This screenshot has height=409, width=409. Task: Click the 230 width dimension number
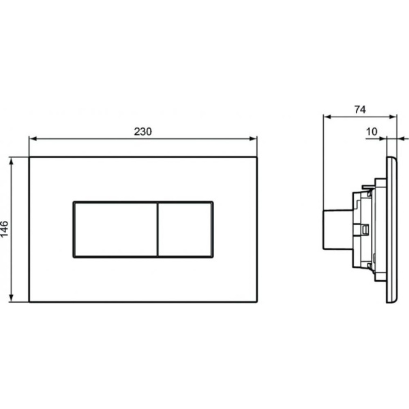coord(142,132)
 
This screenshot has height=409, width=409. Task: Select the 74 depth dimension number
coord(361,109)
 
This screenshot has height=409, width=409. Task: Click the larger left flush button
coord(115,229)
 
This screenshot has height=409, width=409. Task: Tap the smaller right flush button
coord(185,229)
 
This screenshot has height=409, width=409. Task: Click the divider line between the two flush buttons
coord(158,229)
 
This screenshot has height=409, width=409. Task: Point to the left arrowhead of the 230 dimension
coord(32,138)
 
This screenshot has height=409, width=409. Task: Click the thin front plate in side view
coord(391,230)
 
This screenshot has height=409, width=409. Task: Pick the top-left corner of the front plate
coord(29,157)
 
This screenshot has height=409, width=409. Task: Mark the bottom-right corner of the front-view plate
coord(256,301)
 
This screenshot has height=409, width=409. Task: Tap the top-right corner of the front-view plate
coord(256,157)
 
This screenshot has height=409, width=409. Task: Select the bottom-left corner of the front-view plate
coord(29,301)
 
